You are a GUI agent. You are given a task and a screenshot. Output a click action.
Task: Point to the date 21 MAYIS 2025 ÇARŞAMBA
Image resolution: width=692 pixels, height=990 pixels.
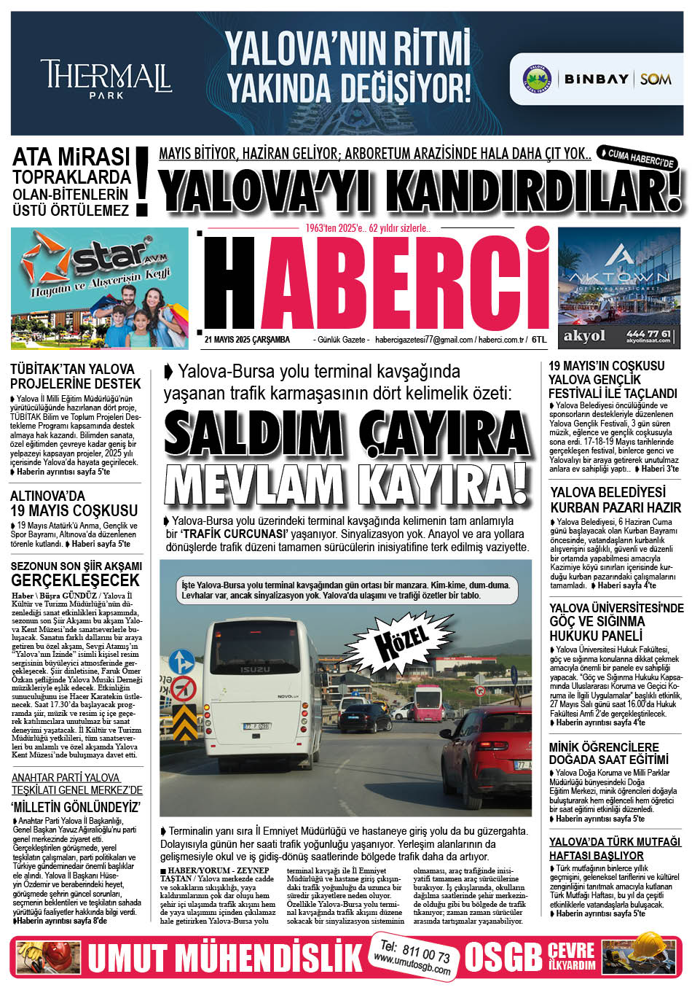247,340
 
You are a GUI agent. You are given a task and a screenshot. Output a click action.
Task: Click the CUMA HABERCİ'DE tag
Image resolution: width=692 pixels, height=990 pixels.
637,158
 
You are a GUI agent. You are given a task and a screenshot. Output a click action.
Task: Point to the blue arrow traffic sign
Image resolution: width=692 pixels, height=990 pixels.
181,662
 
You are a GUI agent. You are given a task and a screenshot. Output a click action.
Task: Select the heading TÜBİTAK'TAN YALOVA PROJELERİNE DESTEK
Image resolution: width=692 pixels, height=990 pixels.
76,375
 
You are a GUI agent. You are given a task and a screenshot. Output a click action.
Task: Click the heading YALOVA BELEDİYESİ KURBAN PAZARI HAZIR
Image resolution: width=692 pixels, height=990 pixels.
616,499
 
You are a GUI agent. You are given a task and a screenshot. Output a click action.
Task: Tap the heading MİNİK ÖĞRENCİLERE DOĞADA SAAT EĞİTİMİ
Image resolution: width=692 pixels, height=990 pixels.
604,753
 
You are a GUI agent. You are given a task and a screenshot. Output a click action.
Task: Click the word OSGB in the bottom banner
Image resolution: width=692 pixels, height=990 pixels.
503,957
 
